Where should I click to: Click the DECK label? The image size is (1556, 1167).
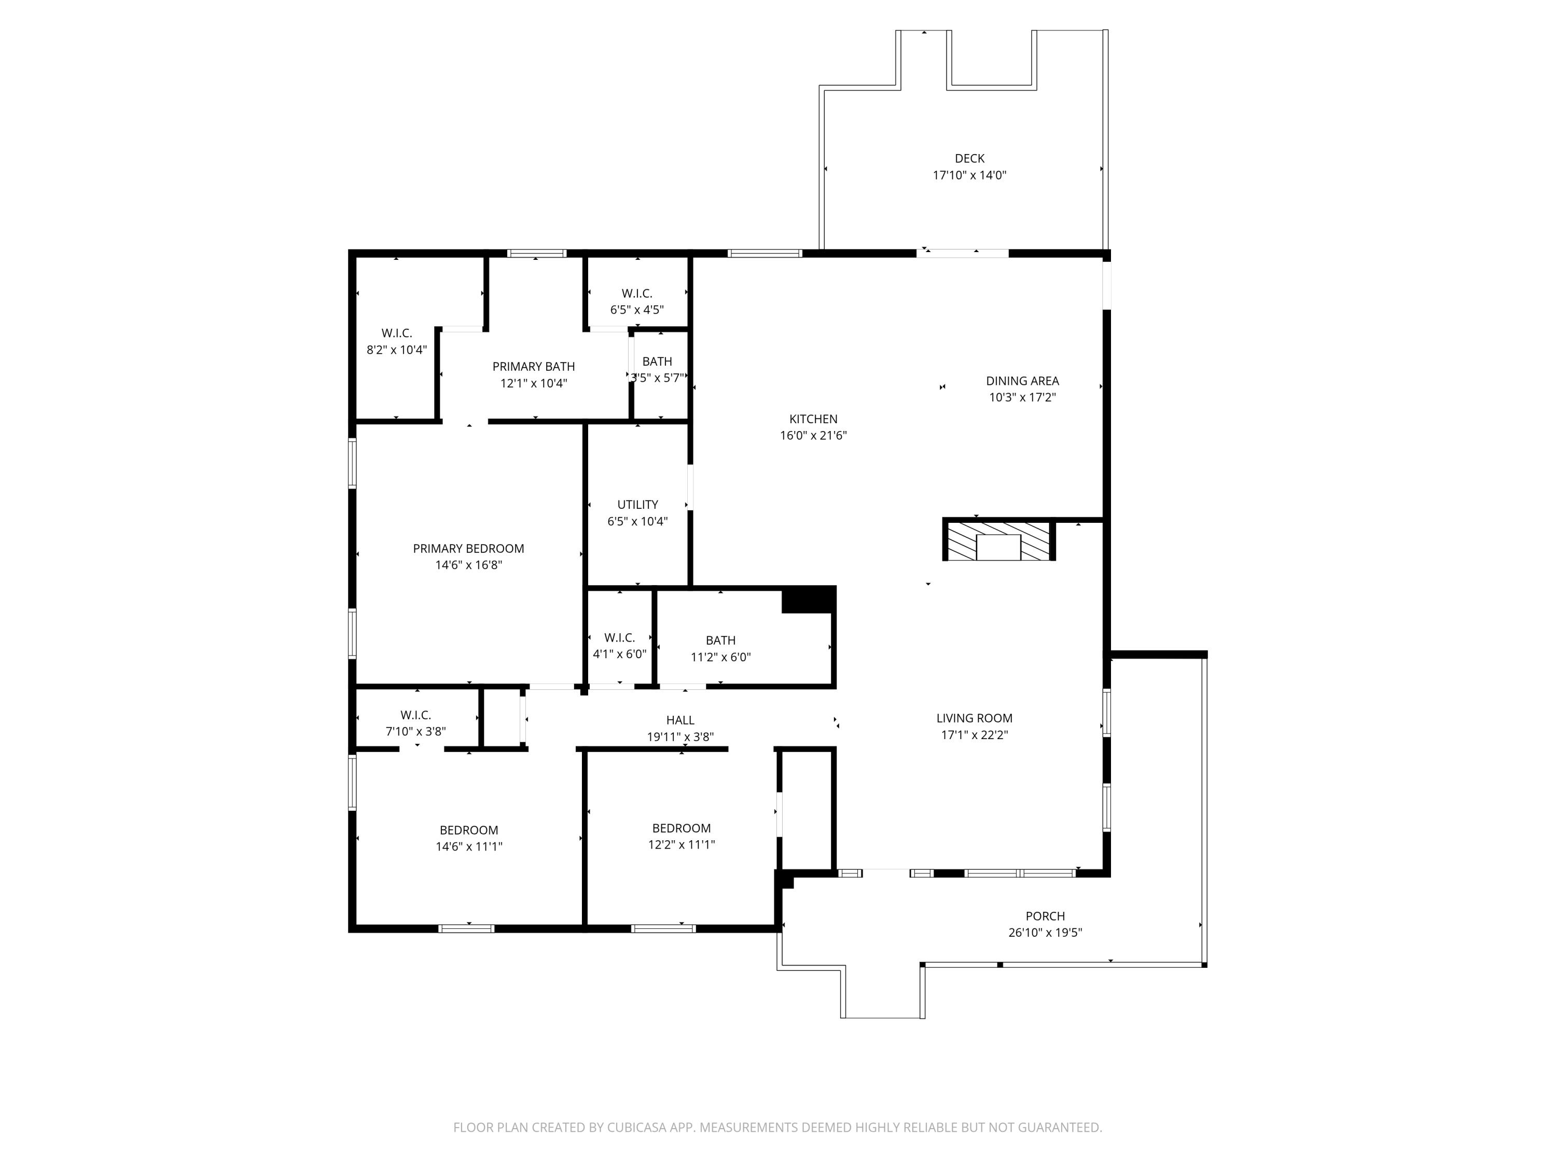point(969,158)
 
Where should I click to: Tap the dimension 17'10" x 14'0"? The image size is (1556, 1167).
point(969,175)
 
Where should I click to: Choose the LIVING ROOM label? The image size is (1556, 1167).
point(974,718)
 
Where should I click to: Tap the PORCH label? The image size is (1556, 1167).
point(1045,916)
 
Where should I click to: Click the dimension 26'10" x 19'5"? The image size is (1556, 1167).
point(1045,933)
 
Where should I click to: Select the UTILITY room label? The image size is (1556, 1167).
point(637,504)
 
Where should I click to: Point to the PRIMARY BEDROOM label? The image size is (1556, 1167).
point(468,549)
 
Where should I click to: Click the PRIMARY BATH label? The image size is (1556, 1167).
point(533,367)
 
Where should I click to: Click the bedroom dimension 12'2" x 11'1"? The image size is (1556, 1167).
point(681,845)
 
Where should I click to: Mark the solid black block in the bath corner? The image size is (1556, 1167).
point(808,600)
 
